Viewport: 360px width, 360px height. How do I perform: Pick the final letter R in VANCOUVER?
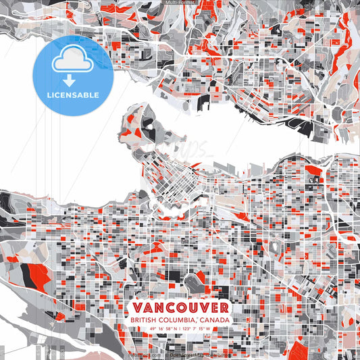pos(223,307)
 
